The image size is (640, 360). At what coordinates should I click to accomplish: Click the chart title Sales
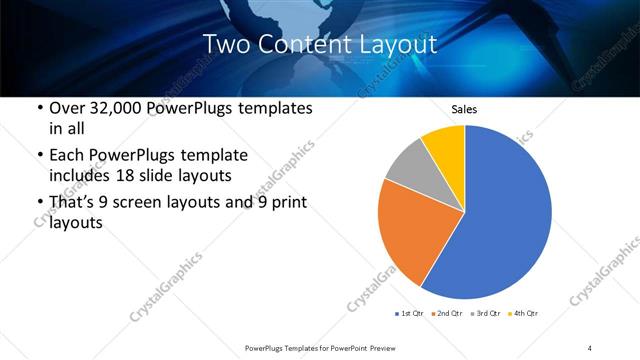[464, 109]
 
